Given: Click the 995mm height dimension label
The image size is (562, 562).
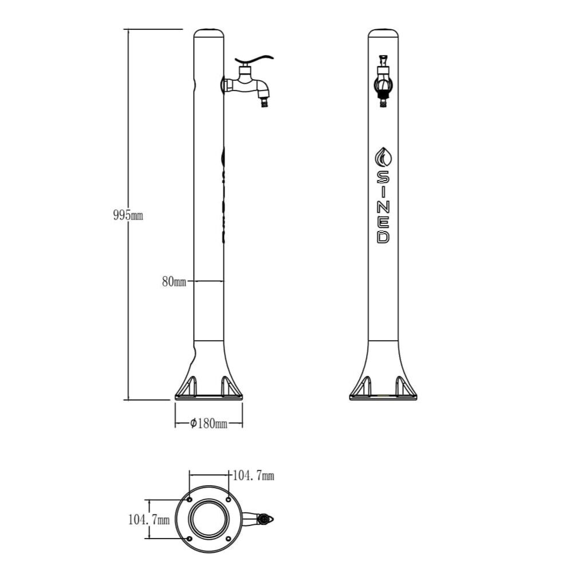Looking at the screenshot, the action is [x=128, y=215].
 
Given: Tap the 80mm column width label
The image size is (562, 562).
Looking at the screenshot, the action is [x=174, y=282].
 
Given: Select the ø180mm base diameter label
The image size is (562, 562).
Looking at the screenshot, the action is [x=209, y=424].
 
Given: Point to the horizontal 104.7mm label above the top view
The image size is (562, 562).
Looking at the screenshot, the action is [x=253, y=475].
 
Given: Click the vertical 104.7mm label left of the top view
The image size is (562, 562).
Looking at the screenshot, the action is [x=149, y=520].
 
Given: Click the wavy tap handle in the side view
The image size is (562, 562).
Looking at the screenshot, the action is [x=254, y=60].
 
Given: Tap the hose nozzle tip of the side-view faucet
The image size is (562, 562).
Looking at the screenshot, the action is [x=265, y=103].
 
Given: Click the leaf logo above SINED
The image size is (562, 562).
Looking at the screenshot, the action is [x=383, y=157].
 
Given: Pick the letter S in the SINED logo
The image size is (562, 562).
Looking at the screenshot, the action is [x=383, y=177].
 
